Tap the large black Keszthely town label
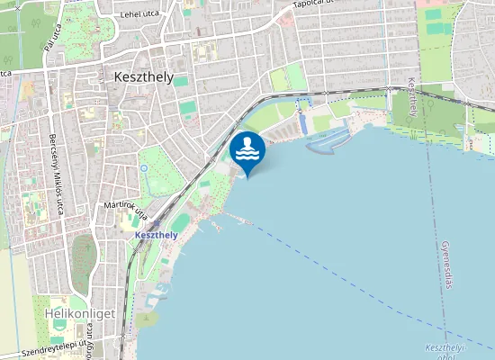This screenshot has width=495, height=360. [x=144, y=77]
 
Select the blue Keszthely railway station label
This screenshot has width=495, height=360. [x=156, y=235]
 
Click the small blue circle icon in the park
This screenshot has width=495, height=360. [x=143, y=167]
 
